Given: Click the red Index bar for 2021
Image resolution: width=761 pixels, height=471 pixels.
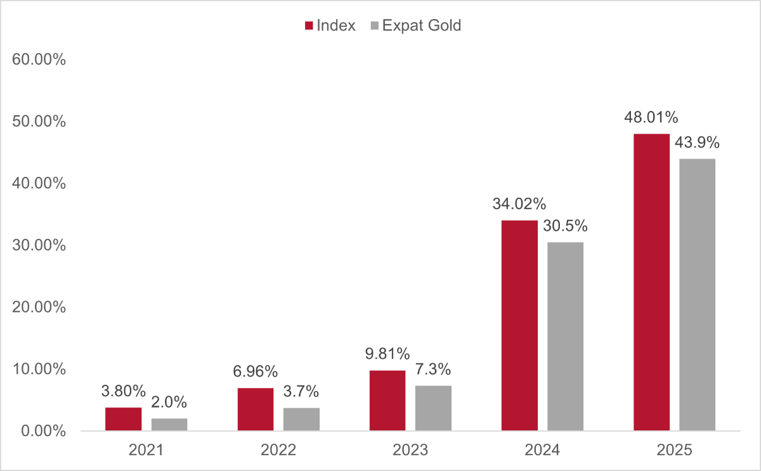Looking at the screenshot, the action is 123,419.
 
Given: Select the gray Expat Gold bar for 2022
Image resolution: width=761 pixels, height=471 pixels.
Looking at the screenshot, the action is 301,420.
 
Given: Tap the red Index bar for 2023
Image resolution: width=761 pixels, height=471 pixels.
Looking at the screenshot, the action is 387,401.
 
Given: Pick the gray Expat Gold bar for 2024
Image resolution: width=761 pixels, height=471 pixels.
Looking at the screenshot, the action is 565,337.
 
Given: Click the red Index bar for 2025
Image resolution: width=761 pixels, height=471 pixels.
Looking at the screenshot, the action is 652,282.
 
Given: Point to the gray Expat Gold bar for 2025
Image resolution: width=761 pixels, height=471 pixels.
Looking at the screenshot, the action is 697,295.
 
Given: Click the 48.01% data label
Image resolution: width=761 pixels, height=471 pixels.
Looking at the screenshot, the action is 651,117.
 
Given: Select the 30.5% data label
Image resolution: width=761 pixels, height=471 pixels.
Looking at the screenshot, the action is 565,226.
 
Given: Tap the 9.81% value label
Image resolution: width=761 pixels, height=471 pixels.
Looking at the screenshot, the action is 387,354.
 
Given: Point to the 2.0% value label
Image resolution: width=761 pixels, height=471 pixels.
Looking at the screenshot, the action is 169,402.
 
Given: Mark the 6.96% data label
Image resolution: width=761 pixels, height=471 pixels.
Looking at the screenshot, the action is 255,371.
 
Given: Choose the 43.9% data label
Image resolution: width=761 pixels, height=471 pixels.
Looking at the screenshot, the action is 697,142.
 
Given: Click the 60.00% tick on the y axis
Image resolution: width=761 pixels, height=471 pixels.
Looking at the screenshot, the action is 39,60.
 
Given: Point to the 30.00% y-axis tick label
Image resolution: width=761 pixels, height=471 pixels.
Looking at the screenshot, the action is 39,245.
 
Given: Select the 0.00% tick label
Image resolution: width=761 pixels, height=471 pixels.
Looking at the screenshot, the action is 43,431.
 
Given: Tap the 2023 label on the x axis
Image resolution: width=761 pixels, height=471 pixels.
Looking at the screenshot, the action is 410,450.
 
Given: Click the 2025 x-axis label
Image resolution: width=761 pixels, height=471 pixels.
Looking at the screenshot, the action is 674,450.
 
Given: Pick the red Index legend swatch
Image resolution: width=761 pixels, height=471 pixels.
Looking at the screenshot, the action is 309,26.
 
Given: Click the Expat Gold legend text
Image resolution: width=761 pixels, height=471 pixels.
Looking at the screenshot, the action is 422,25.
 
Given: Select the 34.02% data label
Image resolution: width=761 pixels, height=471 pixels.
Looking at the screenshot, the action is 519,204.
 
